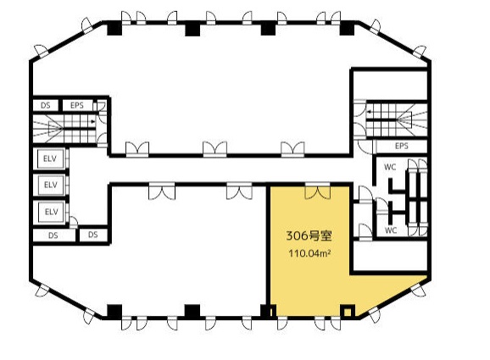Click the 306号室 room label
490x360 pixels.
click(309, 235)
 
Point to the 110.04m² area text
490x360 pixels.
click(309, 253)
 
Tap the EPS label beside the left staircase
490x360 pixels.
click(77, 106)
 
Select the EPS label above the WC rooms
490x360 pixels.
click(402, 146)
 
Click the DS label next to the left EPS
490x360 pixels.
click(46, 106)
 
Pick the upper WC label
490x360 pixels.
click(390, 168)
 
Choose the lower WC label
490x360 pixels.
click(391, 230)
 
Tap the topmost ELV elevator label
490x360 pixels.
click(50, 158)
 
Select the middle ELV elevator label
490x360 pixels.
click(51, 185)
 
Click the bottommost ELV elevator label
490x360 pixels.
click(51, 212)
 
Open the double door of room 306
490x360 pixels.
click(318, 191)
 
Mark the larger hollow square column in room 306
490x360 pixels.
click(348, 312)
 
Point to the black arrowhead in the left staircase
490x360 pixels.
click(92, 122)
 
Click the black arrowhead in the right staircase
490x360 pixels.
click(369, 112)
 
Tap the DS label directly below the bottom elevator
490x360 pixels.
click(53, 235)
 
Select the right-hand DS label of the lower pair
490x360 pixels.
click(92, 235)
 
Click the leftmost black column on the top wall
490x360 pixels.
click(114, 29)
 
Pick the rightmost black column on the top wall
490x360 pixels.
click(347, 29)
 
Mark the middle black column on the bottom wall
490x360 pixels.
click(192, 311)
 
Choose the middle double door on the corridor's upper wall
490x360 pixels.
click(215, 148)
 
